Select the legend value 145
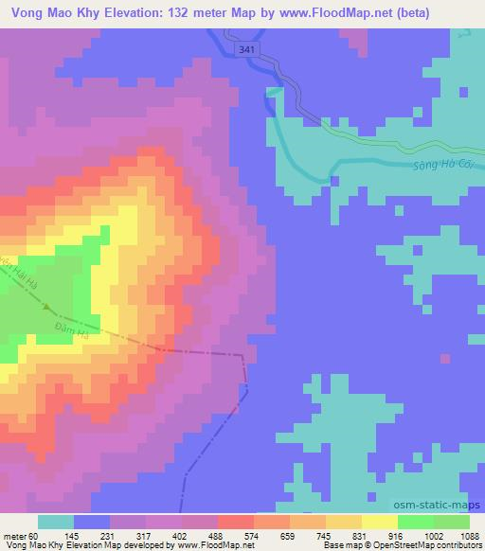(97, 535)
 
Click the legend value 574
(250, 535)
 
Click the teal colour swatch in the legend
(56, 522)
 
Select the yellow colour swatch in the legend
(380, 522)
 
